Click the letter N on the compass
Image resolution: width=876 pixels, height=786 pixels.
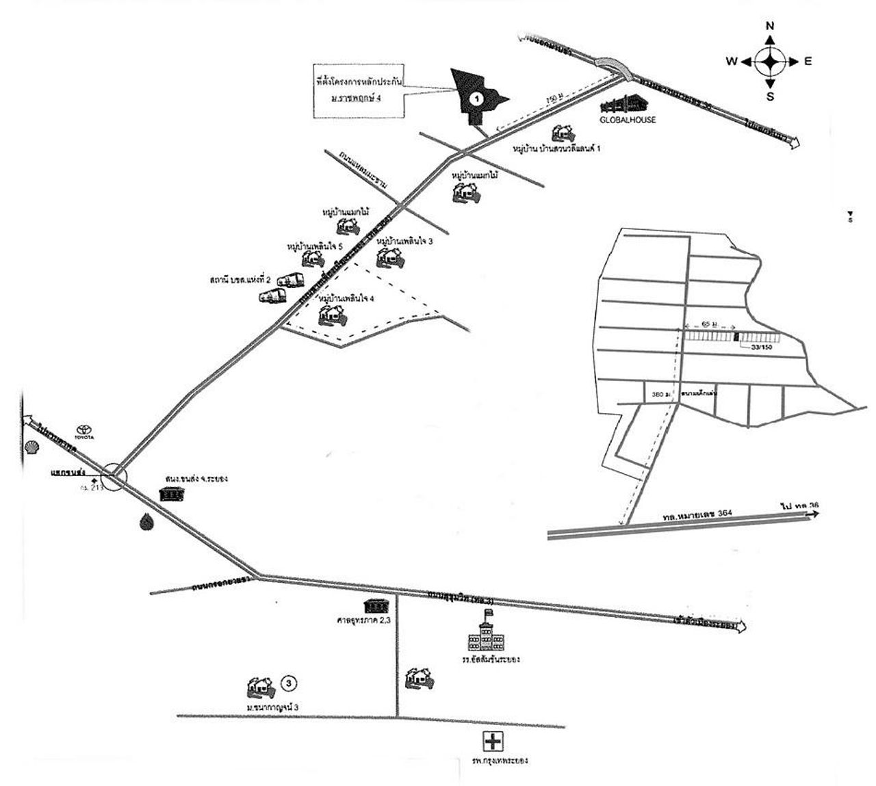770,26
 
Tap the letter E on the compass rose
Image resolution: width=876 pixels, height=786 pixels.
808,62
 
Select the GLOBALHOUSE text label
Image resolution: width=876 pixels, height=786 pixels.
628,120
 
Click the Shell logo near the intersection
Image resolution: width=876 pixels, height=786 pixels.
31,447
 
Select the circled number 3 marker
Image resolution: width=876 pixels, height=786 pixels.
290,683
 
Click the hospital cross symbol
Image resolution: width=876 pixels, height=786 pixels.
492,741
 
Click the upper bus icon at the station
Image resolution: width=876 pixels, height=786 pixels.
291,280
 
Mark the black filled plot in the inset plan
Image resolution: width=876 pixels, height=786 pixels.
736,336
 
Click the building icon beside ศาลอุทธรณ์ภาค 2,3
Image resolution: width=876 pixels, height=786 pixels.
376,606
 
